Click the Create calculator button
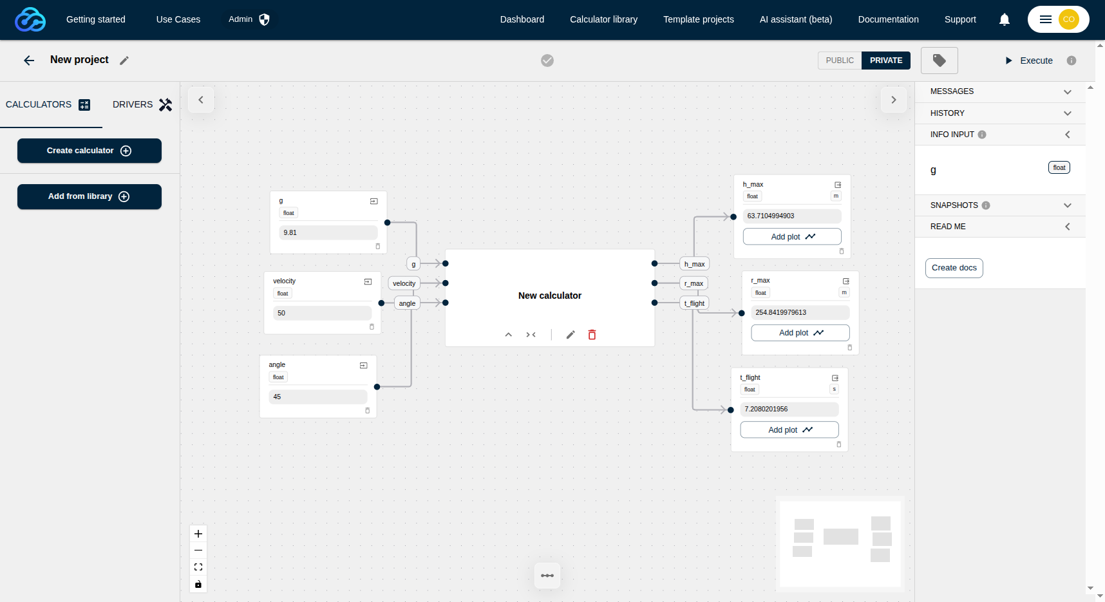(x=90, y=151)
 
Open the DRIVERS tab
(x=142, y=104)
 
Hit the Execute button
(x=1029, y=61)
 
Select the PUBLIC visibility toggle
(x=840, y=61)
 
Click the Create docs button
(x=954, y=268)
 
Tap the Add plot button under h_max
(x=792, y=236)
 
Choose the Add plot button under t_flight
(x=789, y=429)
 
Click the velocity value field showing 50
(x=323, y=313)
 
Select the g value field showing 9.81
(x=328, y=232)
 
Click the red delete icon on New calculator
(x=592, y=335)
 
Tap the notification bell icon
(x=1005, y=19)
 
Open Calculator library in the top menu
(x=604, y=19)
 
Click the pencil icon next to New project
(x=124, y=61)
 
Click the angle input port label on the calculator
(x=407, y=303)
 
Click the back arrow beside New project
(x=29, y=61)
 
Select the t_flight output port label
(x=695, y=303)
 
